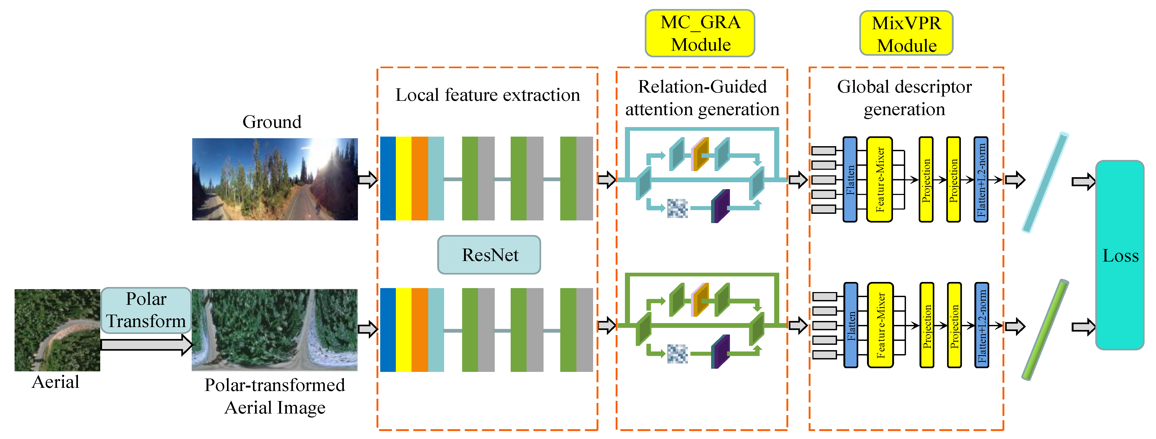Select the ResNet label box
pyautogui.click(x=489, y=255)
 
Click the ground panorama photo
pyautogui.click(x=275, y=179)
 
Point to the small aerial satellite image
pyautogui.click(x=57, y=330)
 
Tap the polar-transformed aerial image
pyautogui.click(x=275, y=330)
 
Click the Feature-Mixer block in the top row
pyautogui.click(x=879, y=180)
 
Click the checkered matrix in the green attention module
pyautogui.click(x=677, y=353)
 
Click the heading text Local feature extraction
pyautogui.click(x=487, y=95)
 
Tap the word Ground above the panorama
pyautogui.click(x=272, y=122)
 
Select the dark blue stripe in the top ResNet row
pyautogui.click(x=388, y=179)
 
